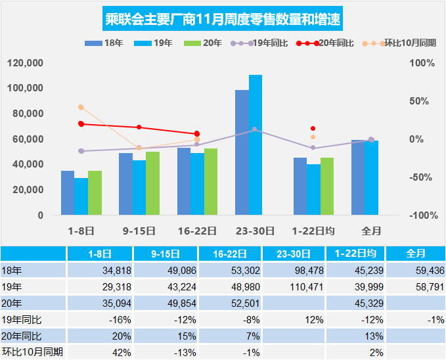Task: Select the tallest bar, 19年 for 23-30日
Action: pyautogui.click(x=256, y=145)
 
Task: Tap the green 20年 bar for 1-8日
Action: pyautogui.click(x=95, y=192)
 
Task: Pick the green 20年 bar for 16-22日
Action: pyautogui.click(x=211, y=181)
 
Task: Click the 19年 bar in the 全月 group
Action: pyautogui.click(x=372, y=177)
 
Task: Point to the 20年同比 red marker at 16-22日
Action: pyautogui.click(x=197, y=134)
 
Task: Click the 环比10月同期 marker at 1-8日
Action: pyautogui.click(x=81, y=107)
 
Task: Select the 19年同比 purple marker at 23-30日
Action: pyautogui.click(x=255, y=129)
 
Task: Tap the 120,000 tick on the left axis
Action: pyautogui.click(x=27, y=63)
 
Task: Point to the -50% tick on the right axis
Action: pyautogui.click(x=422, y=177)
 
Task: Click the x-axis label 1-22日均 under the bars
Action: pyautogui.click(x=313, y=231)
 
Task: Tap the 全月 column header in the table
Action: pyautogui.click(x=416, y=254)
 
